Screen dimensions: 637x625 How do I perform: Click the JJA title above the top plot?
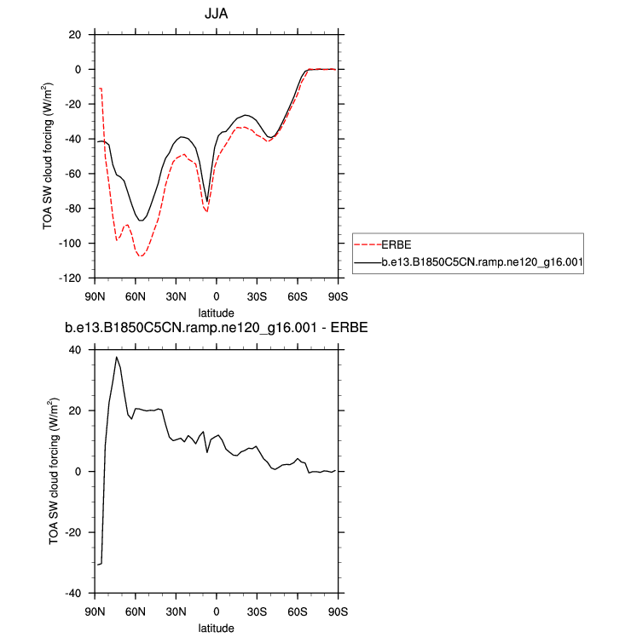(216, 14)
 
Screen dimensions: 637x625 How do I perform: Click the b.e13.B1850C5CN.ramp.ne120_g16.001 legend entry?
(482, 263)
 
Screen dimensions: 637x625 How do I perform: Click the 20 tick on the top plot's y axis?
(76, 35)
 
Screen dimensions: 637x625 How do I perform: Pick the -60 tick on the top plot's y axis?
(73, 174)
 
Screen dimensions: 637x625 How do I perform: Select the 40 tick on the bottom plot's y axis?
(76, 349)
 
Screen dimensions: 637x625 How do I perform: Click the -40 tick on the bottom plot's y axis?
(73, 593)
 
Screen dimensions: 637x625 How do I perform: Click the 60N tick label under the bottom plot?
(135, 611)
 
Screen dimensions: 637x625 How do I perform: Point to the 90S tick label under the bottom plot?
(339, 611)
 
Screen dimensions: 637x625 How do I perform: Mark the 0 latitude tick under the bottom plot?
(217, 611)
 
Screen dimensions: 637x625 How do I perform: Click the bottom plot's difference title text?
(216, 328)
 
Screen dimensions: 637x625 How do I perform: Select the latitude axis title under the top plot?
(216, 313)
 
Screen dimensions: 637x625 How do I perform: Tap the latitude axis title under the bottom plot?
(216, 628)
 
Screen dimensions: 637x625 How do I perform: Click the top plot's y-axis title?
(49, 157)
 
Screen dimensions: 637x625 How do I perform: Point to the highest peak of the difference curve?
(117, 357)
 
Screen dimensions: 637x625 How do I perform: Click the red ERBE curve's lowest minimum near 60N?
(141, 255)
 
